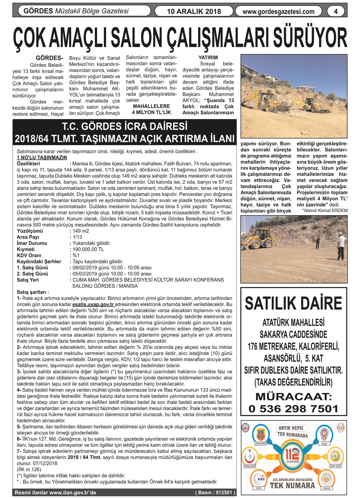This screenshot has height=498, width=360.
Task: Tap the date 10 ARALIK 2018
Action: coord(194,11)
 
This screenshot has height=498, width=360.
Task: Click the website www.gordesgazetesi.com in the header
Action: coord(278,11)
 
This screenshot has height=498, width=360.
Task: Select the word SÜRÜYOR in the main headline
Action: coord(310,39)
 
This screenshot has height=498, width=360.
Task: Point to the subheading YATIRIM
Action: coord(208,58)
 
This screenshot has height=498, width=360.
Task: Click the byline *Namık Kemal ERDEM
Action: coord(325,210)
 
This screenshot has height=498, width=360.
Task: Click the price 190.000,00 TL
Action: coord(88,249)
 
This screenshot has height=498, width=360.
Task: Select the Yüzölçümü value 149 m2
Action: coord(81,231)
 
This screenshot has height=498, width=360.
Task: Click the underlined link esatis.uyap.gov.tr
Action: coord(93,304)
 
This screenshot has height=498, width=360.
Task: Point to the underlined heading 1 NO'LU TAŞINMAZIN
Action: coord(42,158)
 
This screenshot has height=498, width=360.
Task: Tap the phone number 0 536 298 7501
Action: coord(294,409)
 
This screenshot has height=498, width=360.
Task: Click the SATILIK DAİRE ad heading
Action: coord(294,303)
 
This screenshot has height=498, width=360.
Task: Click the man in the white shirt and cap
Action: coord(341,246)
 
